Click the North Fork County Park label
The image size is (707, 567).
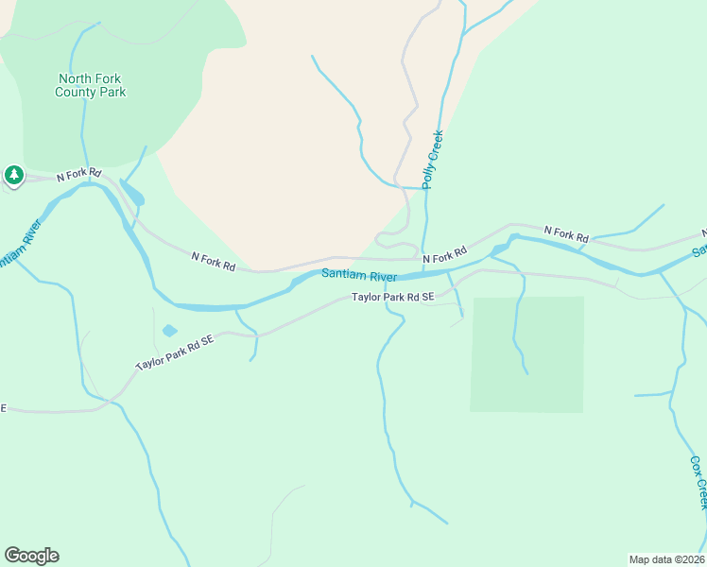pos(90,86)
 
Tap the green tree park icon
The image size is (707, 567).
pos(13,175)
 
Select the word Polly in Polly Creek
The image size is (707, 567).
pos(429,175)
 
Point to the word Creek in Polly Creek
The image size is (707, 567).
pos(436,146)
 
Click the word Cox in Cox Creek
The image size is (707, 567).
pos(695,466)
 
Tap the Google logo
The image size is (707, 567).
pos(31,556)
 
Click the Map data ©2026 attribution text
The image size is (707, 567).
pos(665,558)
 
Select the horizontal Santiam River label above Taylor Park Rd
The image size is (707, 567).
pos(358,276)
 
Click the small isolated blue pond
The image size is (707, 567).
pos(169,331)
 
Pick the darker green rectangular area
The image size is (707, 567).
pos(527,354)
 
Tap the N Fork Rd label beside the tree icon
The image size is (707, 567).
pos(78,175)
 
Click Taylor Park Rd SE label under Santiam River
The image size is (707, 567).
pos(392,297)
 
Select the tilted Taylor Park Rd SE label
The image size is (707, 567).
pos(175,352)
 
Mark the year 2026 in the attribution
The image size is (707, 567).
pos(689,558)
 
